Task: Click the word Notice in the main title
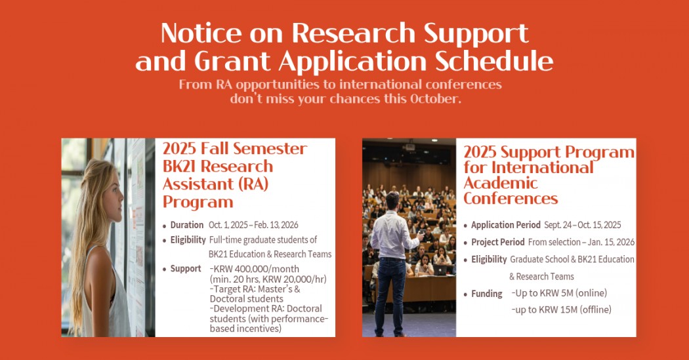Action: tap(201, 33)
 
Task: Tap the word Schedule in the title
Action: tap(494, 61)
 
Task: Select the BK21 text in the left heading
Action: tap(179, 167)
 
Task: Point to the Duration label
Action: tap(187, 225)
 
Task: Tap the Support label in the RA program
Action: tap(186, 269)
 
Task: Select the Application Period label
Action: tap(506, 225)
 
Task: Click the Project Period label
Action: tap(498, 242)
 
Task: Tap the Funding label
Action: tap(486, 294)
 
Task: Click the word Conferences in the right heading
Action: tap(511, 199)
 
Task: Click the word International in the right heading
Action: tap(543, 167)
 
